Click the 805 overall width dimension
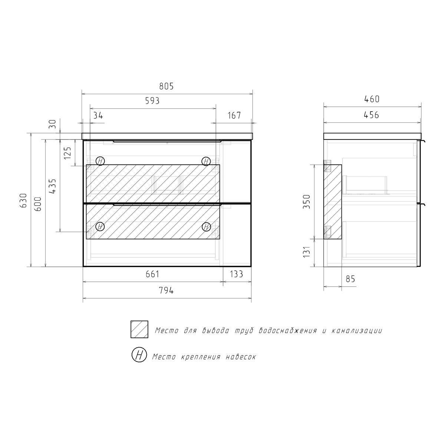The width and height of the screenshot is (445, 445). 166,86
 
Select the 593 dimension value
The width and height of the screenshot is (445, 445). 152,101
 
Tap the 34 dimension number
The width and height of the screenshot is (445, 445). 98,115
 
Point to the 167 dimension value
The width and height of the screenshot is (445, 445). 234,115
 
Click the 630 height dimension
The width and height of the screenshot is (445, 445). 24,200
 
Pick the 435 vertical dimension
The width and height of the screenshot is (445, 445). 52,186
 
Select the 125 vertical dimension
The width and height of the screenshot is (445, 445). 67,153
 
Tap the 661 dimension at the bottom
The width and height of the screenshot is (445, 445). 152,274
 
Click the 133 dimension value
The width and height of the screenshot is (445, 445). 237,274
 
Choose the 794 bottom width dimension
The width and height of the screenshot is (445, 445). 166,290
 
